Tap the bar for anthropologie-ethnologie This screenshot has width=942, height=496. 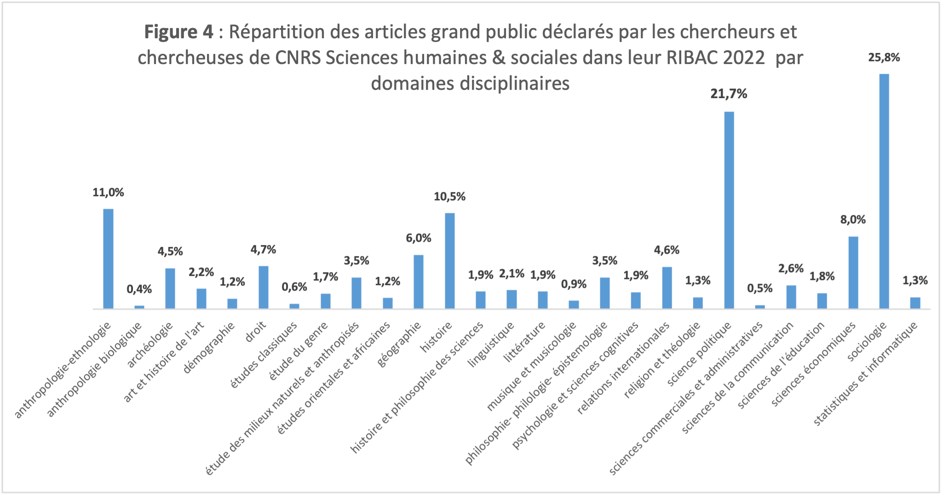click(x=108, y=258)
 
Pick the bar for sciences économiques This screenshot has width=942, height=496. click(x=853, y=272)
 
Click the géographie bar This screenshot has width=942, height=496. click(x=419, y=281)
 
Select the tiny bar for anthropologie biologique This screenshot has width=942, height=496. click(x=139, y=307)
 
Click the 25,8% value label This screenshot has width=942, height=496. click(x=884, y=58)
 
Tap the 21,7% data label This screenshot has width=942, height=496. click(x=729, y=94)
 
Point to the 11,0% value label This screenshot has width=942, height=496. click(x=108, y=193)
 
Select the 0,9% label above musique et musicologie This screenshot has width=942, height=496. click(x=574, y=285)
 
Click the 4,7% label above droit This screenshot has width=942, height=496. click(x=263, y=250)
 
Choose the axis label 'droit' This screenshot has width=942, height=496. click(x=256, y=332)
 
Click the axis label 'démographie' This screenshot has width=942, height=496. click(x=209, y=347)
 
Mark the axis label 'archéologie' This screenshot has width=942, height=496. click(x=150, y=345)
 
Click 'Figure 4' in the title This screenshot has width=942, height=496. click(x=178, y=32)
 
